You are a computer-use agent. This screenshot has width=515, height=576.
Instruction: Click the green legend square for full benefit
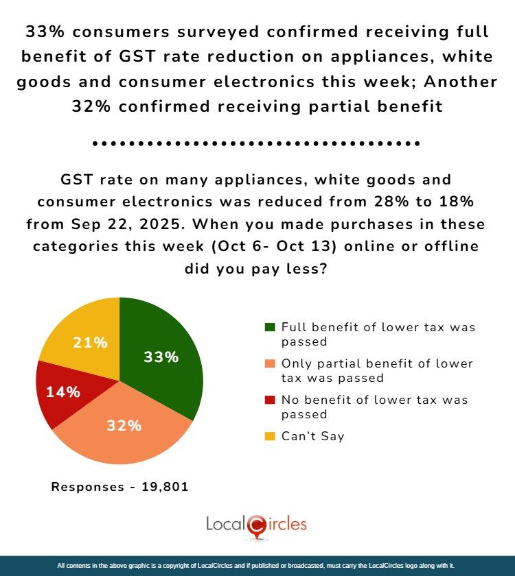click(x=270, y=328)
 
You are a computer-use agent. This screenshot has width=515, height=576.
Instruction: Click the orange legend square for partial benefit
click(x=270, y=364)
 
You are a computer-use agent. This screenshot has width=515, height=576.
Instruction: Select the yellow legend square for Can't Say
click(x=270, y=436)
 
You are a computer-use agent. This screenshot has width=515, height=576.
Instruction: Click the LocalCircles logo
click(x=257, y=525)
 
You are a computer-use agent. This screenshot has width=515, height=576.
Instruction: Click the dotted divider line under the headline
click(x=257, y=145)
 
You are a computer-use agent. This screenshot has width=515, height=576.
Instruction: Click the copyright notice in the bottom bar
click(x=257, y=566)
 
